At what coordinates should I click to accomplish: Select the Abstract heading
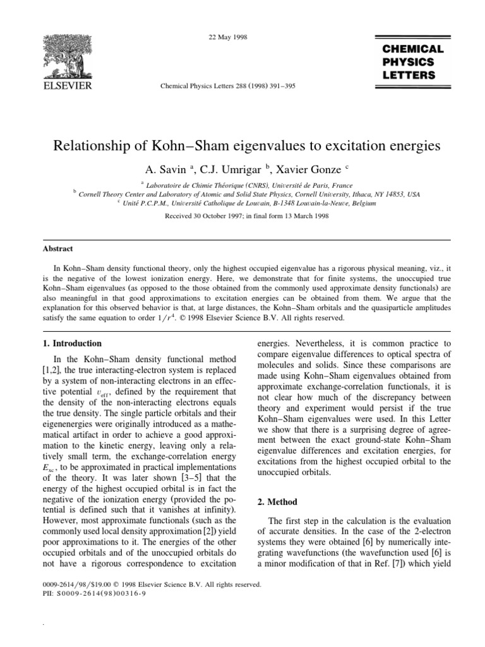point(57,249)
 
